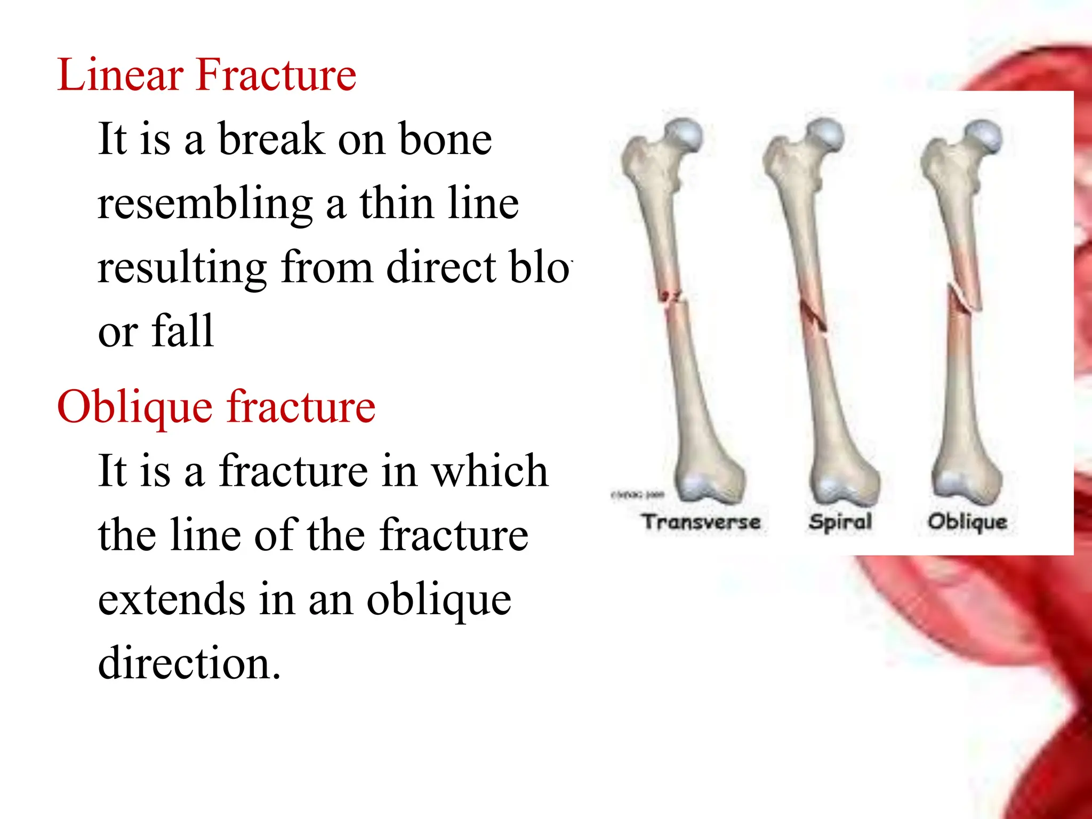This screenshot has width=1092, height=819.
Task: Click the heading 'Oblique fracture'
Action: [216, 407]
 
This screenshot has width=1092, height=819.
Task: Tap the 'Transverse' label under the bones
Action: [701, 521]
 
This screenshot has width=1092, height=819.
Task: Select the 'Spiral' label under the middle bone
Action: [840, 521]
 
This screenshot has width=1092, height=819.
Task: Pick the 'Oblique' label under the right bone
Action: [967, 521]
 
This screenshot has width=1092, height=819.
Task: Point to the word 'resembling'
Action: [205, 204]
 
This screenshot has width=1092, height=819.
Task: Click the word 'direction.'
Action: [189, 663]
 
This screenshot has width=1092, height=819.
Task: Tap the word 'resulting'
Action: [182, 268]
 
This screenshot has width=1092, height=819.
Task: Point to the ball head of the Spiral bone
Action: [825, 134]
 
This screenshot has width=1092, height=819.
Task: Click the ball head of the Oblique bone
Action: [984, 135]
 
